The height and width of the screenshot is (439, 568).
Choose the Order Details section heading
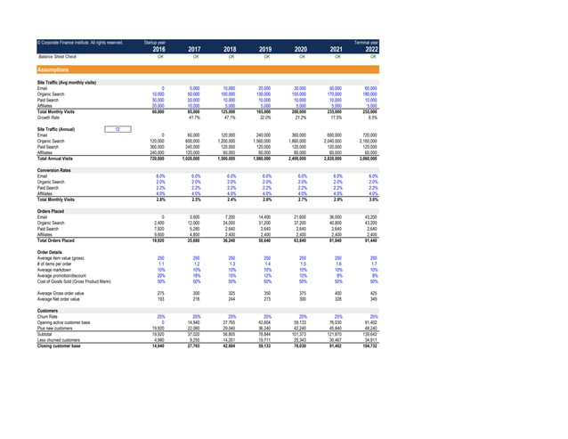click(38, 251)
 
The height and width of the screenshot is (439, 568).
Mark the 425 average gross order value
click(373, 292)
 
